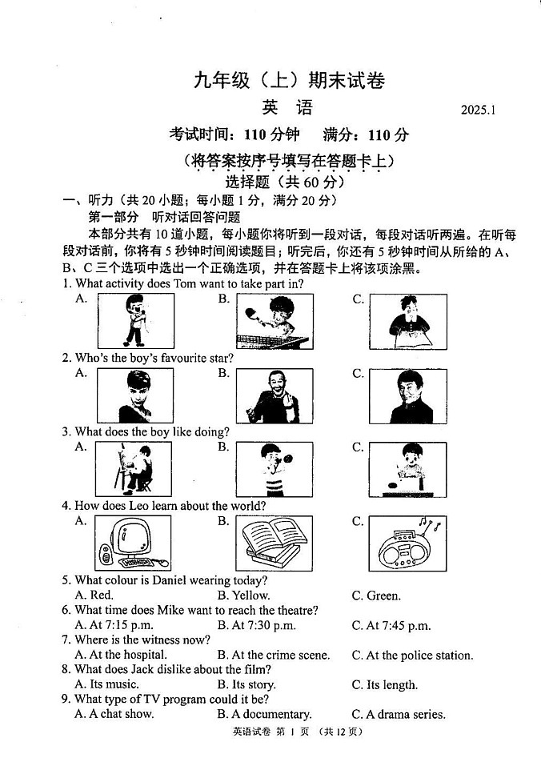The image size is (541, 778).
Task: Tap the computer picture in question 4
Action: click(x=132, y=543)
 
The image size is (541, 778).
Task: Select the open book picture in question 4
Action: click(x=273, y=543)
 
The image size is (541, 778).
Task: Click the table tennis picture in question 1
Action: click(x=274, y=321)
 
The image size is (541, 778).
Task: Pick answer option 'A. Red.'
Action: click(x=94, y=596)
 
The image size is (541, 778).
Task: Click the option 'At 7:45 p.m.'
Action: click(x=398, y=626)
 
